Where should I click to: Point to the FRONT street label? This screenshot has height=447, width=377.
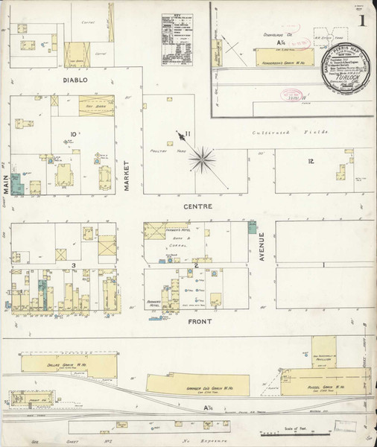200,321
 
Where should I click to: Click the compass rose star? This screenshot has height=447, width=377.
203,158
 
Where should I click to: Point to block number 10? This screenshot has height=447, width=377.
74,135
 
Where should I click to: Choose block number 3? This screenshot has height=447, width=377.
74,265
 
